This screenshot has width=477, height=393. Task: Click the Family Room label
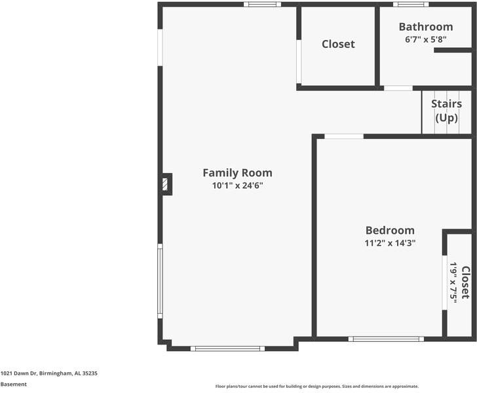click(237, 173)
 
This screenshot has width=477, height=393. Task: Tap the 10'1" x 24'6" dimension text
click(237, 185)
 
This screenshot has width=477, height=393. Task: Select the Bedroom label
click(390, 230)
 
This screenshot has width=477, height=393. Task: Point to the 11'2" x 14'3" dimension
click(390, 243)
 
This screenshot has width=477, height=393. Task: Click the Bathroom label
click(426, 27)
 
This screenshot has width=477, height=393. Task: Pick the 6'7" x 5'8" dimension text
click(426, 39)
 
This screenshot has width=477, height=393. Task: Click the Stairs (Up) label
click(446, 111)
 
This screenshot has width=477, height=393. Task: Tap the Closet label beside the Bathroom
click(338, 44)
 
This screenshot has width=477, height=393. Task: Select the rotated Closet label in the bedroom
click(465, 282)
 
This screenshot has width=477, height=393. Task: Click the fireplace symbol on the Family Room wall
click(166, 184)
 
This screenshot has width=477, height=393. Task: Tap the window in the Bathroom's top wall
click(411, 5)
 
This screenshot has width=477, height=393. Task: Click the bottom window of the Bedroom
click(386, 339)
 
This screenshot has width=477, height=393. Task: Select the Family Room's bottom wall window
click(227, 348)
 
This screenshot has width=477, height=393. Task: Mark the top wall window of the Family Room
click(262, 5)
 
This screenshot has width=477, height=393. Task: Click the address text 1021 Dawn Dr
click(49, 373)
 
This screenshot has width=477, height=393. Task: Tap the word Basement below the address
click(14, 384)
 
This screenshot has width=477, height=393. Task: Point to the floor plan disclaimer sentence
click(316, 386)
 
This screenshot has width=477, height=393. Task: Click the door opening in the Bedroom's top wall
click(344, 136)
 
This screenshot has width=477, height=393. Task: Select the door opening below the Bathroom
click(398, 88)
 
